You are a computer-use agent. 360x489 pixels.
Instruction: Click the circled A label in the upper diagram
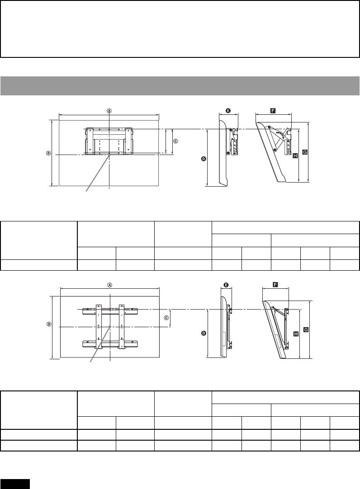109,110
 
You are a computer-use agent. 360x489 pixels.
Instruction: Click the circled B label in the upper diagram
48,153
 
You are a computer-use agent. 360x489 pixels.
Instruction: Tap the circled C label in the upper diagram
175,141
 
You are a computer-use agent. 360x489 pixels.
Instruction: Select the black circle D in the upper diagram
204,159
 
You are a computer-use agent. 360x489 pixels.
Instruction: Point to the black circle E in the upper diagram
228,110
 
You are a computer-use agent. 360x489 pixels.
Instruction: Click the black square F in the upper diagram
273,110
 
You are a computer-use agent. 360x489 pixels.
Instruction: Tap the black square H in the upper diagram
295,156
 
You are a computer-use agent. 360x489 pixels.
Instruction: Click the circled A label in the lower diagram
109,285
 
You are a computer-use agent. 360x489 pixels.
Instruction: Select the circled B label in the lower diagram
49,324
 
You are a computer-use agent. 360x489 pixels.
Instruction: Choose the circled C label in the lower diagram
166,317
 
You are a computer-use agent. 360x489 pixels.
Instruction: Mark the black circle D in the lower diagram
204,333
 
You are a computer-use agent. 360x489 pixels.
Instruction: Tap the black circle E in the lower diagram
226,285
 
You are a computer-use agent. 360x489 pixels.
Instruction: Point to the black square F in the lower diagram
275,285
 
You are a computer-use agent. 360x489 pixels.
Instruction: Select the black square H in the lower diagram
296,334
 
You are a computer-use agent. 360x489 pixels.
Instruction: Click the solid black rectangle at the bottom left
15,484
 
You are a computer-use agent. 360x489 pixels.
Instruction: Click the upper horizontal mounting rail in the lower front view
109,311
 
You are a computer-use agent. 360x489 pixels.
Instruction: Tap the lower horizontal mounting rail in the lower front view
109,344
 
